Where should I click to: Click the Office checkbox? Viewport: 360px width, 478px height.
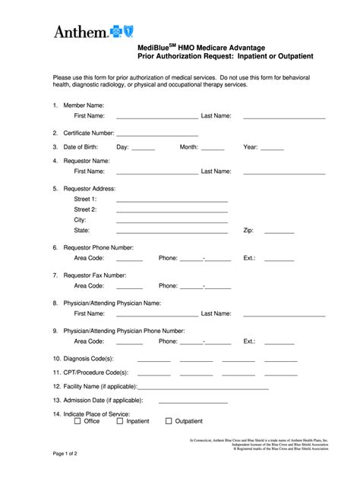pos(77,421)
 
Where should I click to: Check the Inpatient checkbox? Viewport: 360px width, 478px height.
pos(120,421)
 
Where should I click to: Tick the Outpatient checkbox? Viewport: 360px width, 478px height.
pos(169,421)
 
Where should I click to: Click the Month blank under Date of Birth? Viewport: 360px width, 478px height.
pos(213,149)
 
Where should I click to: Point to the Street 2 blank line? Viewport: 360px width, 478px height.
pos(172,211)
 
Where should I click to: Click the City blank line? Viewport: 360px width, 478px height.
pos(172,222)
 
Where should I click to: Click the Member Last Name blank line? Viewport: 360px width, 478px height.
pos(283,118)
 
